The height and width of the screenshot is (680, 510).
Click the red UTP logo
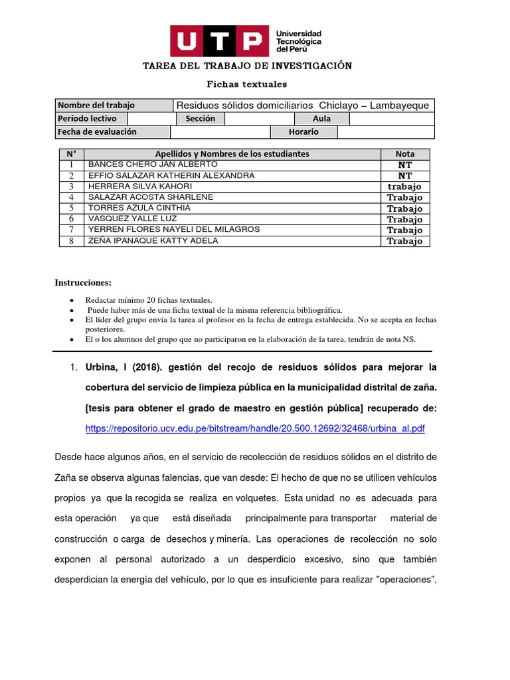click(x=220, y=41)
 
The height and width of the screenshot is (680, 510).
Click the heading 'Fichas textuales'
click(x=247, y=84)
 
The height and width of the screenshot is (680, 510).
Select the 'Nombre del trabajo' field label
click(x=96, y=106)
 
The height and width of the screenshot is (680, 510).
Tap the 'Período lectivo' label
click(x=87, y=119)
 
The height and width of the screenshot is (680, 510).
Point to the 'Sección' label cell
click(x=201, y=119)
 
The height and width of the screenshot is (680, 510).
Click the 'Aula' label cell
click(x=322, y=119)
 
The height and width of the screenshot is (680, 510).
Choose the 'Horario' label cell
click(x=303, y=132)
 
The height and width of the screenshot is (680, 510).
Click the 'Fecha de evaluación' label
click(x=97, y=132)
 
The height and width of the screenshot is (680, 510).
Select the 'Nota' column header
click(x=404, y=154)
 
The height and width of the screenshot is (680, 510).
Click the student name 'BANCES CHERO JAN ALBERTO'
click(x=153, y=164)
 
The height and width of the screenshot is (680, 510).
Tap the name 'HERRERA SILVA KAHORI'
click(x=140, y=187)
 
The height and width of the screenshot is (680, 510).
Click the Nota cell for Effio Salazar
click(x=404, y=176)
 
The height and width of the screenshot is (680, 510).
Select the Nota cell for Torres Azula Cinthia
click(x=404, y=209)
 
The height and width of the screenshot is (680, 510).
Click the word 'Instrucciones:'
click(x=83, y=283)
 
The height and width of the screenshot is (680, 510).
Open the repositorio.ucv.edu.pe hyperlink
click(x=255, y=429)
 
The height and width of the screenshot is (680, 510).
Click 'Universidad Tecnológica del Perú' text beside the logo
click(x=298, y=41)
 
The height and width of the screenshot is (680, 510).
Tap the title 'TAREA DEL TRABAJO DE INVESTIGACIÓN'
click(x=248, y=66)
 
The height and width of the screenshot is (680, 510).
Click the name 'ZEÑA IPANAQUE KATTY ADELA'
click(x=153, y=241)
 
